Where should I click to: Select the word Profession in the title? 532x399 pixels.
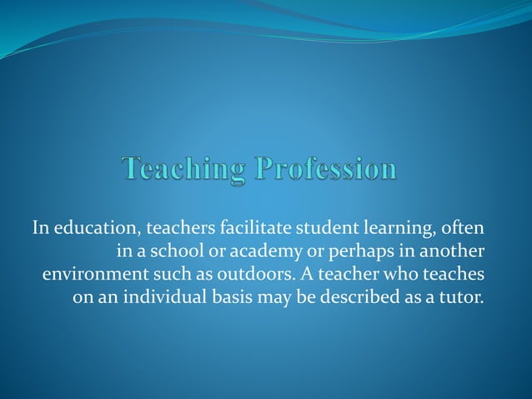[x=326, y=169]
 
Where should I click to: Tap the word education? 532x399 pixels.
[x=90, y=227]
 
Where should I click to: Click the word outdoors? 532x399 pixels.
[x=240, y=274]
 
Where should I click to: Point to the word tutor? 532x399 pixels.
[x=462, y=297]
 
